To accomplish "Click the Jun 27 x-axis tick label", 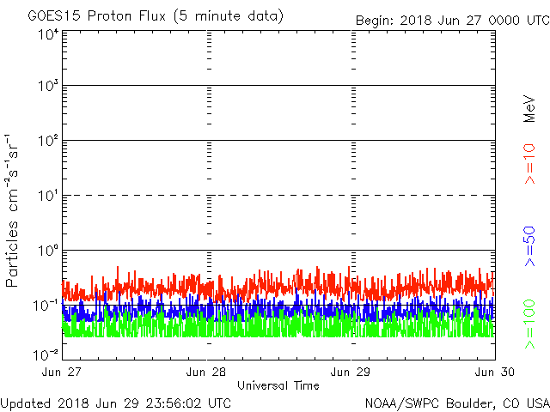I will [x=63, y=372].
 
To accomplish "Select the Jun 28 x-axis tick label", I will [x=207, y=372].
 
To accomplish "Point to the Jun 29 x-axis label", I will [x=351, y=372].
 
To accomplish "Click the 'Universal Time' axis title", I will [x=278, y=385].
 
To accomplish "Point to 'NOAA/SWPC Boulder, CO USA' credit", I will [x=456, y=403].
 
